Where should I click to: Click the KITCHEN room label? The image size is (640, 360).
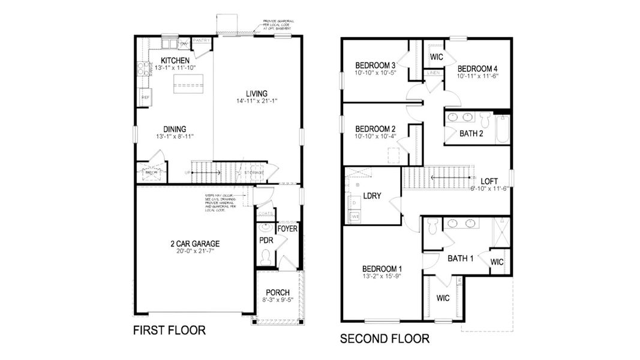pos(175,61)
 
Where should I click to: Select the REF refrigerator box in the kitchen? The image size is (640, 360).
pos(145,97)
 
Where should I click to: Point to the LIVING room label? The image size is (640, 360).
pos(257,94)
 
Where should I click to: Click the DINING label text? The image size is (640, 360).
pos(175,129)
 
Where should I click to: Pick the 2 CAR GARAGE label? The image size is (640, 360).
pos(194,244)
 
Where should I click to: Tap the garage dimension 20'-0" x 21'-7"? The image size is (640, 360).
pos(194,252)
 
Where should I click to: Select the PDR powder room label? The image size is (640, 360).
pos(266,241)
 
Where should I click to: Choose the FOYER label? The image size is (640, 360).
pos(287,229)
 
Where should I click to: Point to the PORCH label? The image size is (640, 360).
pos(278,293)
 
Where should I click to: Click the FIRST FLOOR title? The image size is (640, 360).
pos(169,330)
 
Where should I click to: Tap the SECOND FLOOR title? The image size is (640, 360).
pos(384,339)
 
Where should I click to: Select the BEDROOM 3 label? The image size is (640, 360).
pos(375,65)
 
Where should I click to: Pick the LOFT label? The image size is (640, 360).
pos(489,180)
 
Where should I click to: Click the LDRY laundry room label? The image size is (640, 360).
pos(372,196)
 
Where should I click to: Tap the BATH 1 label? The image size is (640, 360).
pos(461,259)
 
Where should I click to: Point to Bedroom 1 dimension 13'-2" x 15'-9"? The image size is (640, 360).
pos(382,277)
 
